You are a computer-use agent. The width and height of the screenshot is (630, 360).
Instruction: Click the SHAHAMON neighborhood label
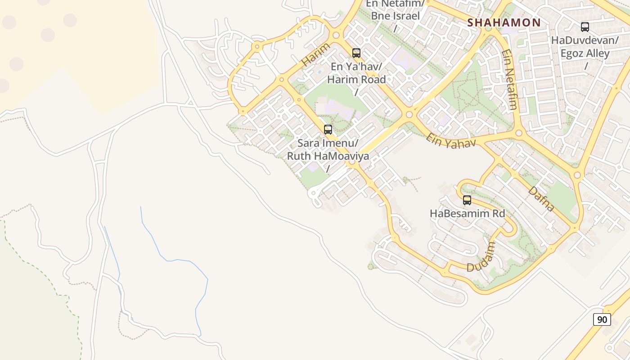click(x=504, y=22)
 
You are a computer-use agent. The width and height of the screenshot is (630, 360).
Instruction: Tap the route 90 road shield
click(x=602, y=319)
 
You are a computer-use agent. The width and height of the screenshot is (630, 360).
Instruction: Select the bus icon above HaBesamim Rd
click(x=467, y=200)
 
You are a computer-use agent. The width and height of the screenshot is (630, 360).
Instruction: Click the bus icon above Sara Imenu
click(x=328, y=130)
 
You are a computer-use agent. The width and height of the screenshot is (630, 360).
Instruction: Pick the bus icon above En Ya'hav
click(x=356, y=53)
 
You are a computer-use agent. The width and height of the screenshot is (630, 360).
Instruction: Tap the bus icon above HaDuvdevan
click(x=585, y=27)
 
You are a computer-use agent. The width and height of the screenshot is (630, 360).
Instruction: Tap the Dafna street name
click(x=541, y=199)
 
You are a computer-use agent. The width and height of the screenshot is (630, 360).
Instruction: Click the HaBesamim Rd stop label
click(x=468, y=213)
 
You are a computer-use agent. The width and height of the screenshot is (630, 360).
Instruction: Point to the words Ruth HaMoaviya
click(x=328, y=156)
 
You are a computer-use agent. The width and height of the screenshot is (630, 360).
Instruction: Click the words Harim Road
click(x=356, y=80)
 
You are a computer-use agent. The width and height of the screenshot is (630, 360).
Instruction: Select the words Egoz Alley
click(x=585, y=54)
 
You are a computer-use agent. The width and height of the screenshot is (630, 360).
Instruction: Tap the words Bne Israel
click(x=395, y=16)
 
